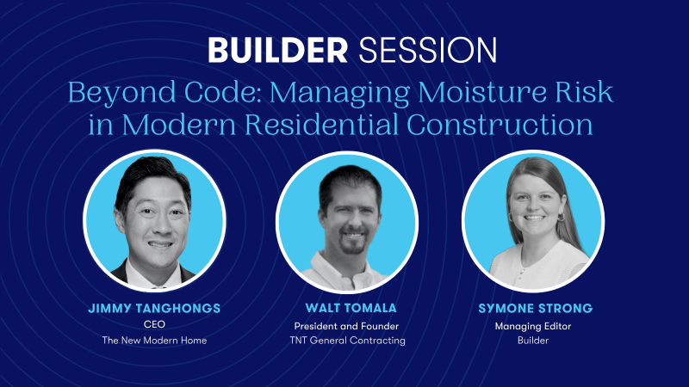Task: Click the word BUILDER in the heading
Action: (x=277, y=50)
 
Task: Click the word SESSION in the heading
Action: (x=427, y=50)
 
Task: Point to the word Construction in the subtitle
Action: (x=500, y=124)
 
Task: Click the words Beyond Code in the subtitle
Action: (x=164, y=93)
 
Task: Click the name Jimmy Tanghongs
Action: (x=154, y=308)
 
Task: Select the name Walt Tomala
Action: (x=351, y=308)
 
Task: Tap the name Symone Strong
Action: (x=535, y=308)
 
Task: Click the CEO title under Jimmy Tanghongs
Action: (x=154, y=324)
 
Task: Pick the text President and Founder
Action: (x=346, y=326)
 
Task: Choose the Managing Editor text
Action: (x=533, y=327)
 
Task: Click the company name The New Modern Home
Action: (x=154, y=340)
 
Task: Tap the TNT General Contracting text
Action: (x=348, y=340)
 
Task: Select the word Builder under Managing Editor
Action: (x=533, y=340)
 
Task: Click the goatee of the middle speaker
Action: (x=353, y=246)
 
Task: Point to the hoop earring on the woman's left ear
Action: (x=562, y=218)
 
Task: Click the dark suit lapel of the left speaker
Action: (x=121, y=272)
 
